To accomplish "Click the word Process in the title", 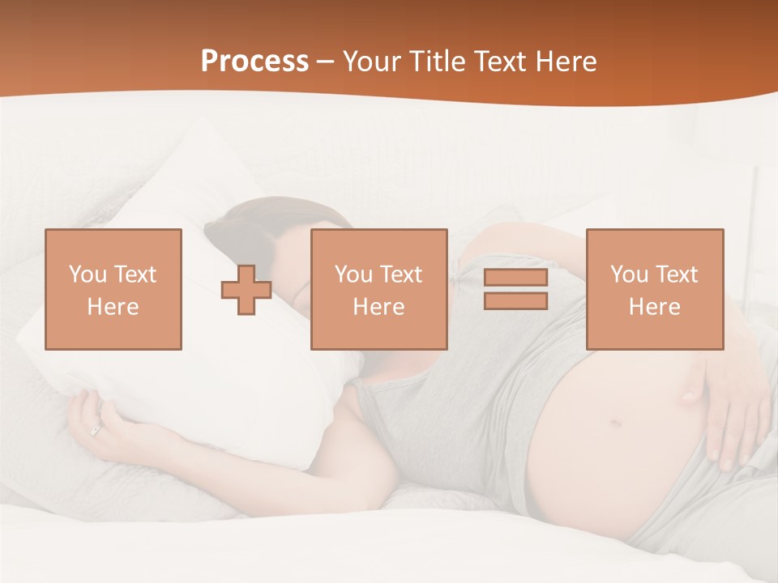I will coord(254,62).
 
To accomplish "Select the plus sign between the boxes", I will coord(246,290).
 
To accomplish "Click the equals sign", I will coord(515,289).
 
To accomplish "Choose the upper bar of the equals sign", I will coord(515,278).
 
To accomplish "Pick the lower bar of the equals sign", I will coord(515,300).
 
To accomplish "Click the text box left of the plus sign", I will coord(113,289).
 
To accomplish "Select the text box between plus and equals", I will coord(378,289).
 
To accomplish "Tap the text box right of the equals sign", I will coord(655,289).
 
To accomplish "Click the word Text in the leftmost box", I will coord(135,274).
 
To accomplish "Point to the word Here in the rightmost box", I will coord(655,307).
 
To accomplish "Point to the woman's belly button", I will coord(615,423).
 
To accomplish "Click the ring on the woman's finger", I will coord(96,431).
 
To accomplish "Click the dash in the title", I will coord(326,62).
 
